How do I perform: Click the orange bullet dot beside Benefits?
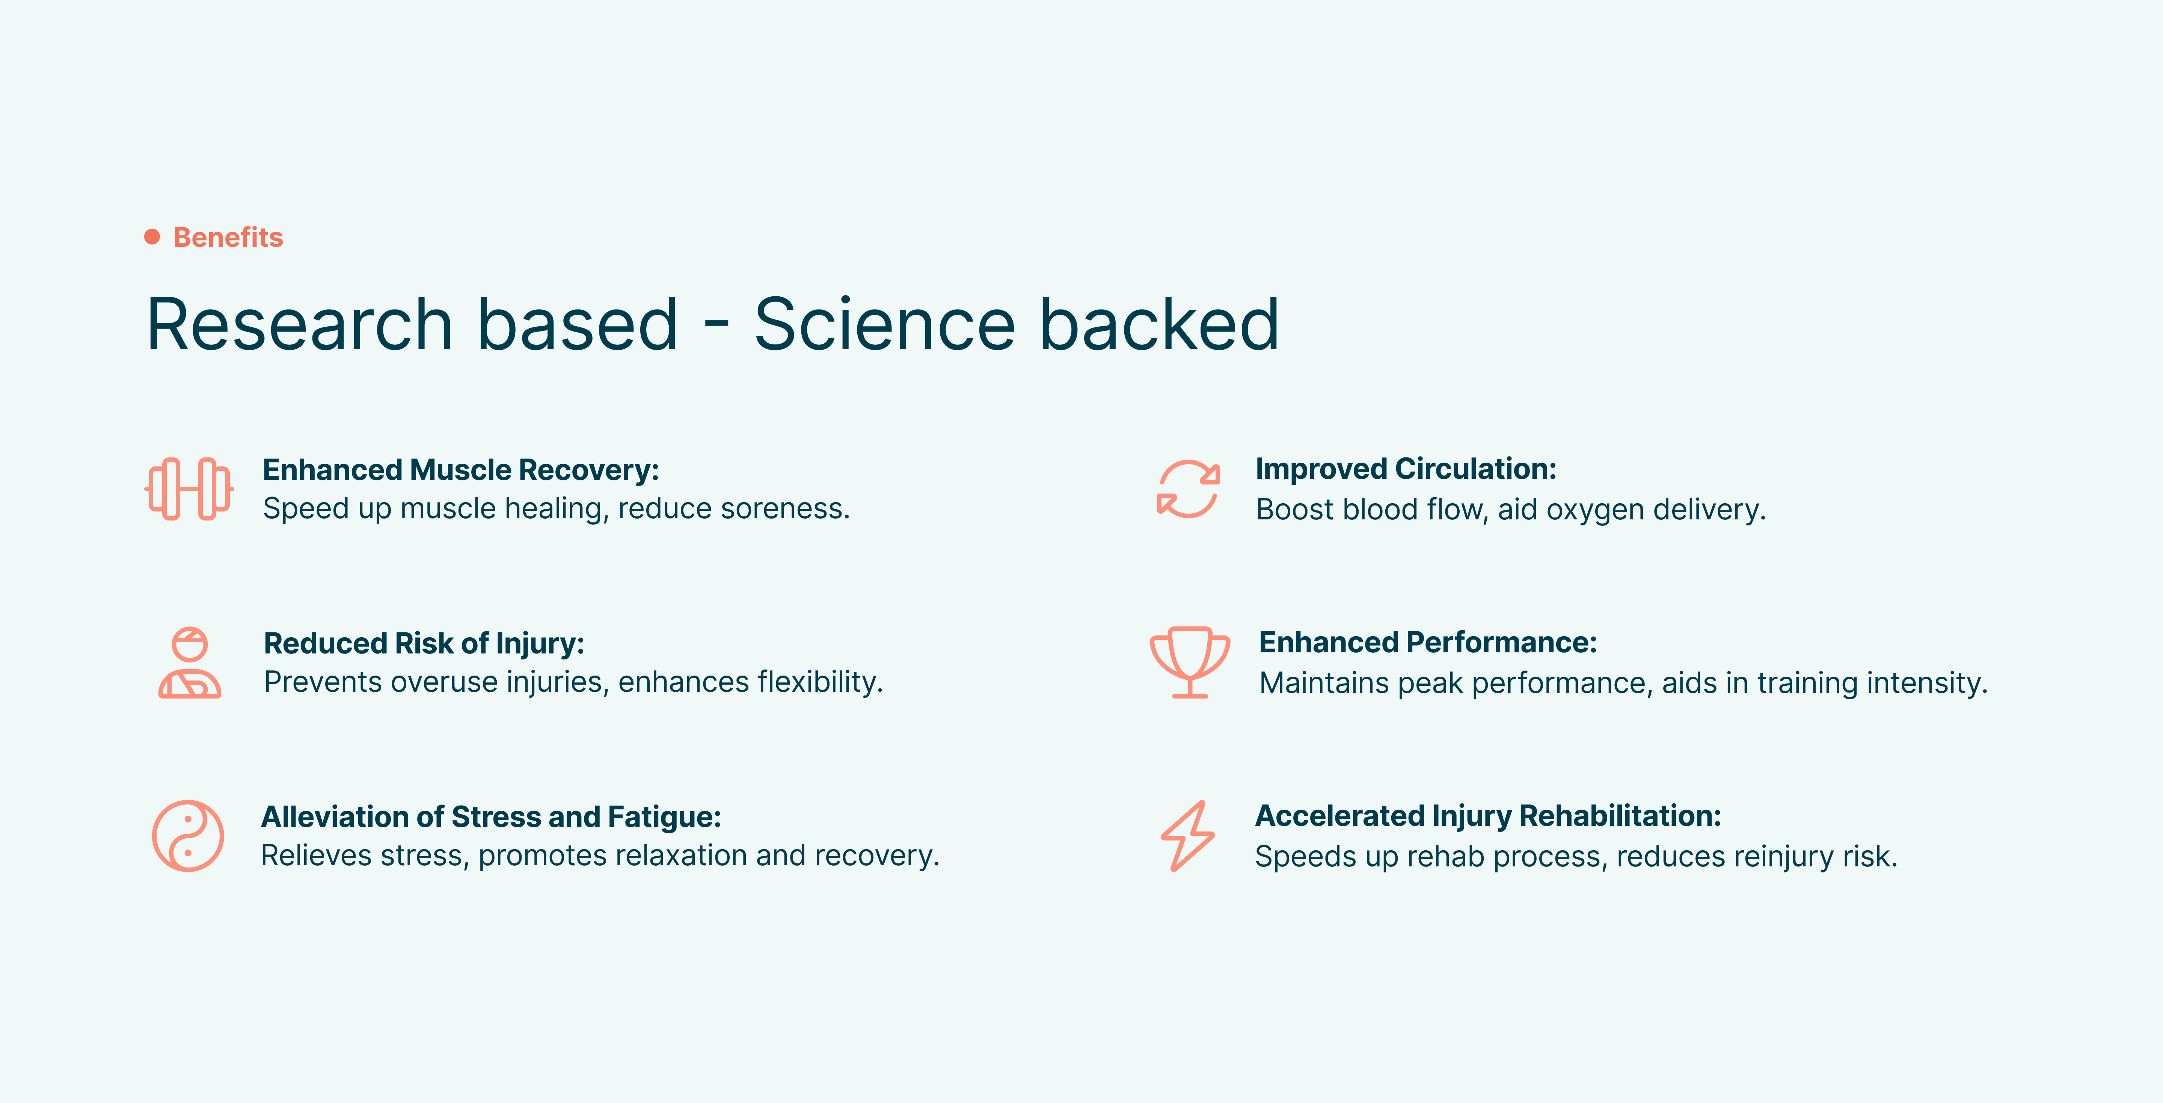point(152,237)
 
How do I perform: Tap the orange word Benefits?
point(228,238)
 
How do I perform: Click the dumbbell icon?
point(189,489)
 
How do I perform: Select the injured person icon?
point(190,663)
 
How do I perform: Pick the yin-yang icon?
point(188,836)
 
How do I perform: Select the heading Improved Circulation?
point(1406,469)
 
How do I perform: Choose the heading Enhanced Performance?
point(1427,643)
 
